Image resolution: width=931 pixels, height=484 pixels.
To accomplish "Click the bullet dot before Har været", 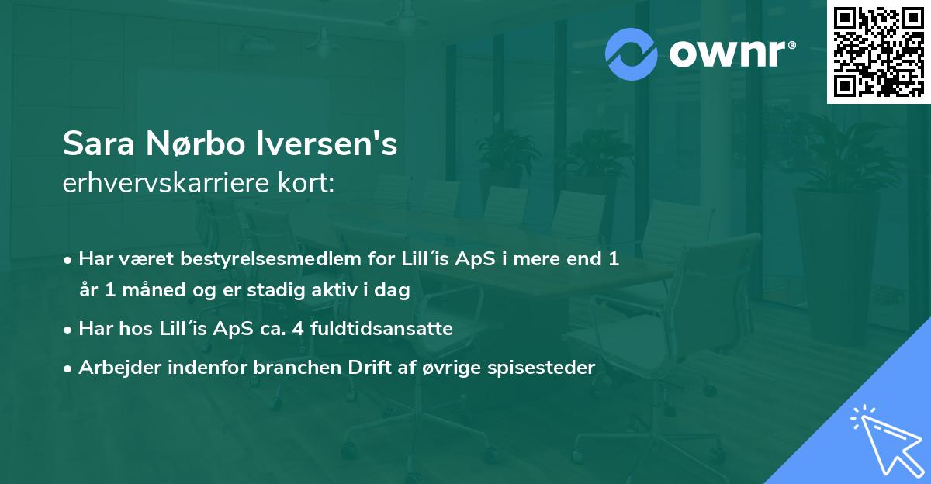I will pyautogui.click(x=69, y=260).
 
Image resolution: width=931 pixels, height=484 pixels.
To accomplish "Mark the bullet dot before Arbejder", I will pyautogui.click(x=69, y=368).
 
